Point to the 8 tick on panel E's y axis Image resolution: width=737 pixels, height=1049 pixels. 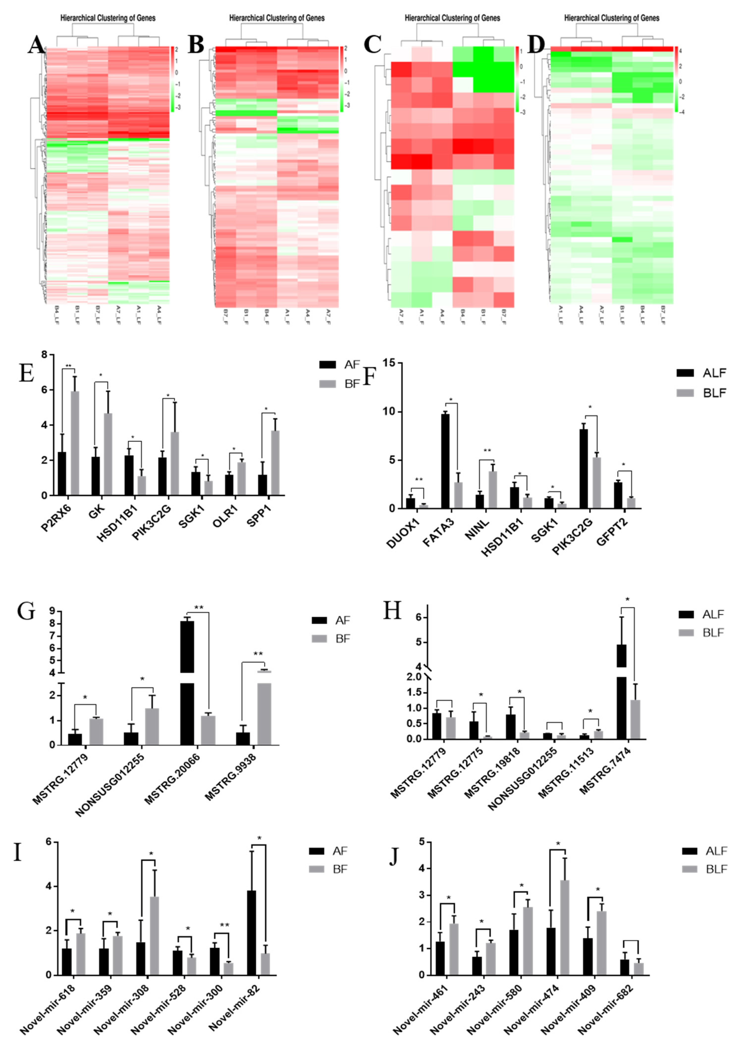point(44,354)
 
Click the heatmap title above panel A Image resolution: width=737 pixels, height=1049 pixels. point(108,18)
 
